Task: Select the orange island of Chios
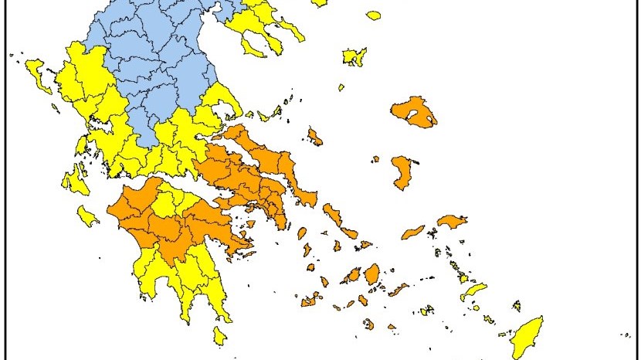click(x=402, y=172)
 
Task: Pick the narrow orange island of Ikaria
click(x=412, y=232)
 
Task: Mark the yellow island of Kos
click(x=473, y=291)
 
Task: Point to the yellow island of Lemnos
click(x=354, y=56)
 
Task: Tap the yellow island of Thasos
click(x=374, y=15)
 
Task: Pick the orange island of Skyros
click(x=314, y=137)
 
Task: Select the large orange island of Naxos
click(x=371, y=274)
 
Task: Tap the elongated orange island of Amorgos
click(x=399, y=290)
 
